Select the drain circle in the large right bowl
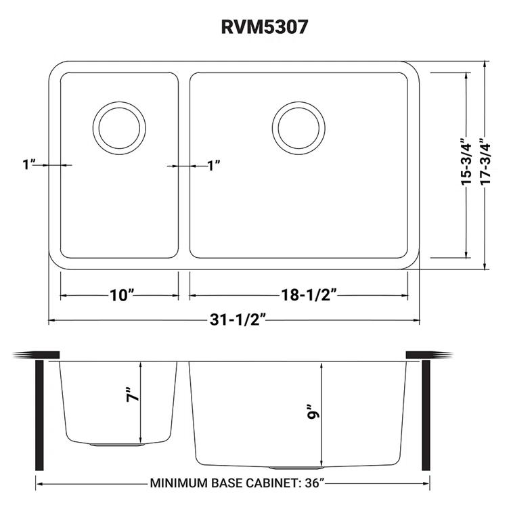click(295, 127)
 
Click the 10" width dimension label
click(120, 294)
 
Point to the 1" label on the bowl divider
click(214, 164)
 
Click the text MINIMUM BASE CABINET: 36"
click(234, 484)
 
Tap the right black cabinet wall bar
click(426, 414)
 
